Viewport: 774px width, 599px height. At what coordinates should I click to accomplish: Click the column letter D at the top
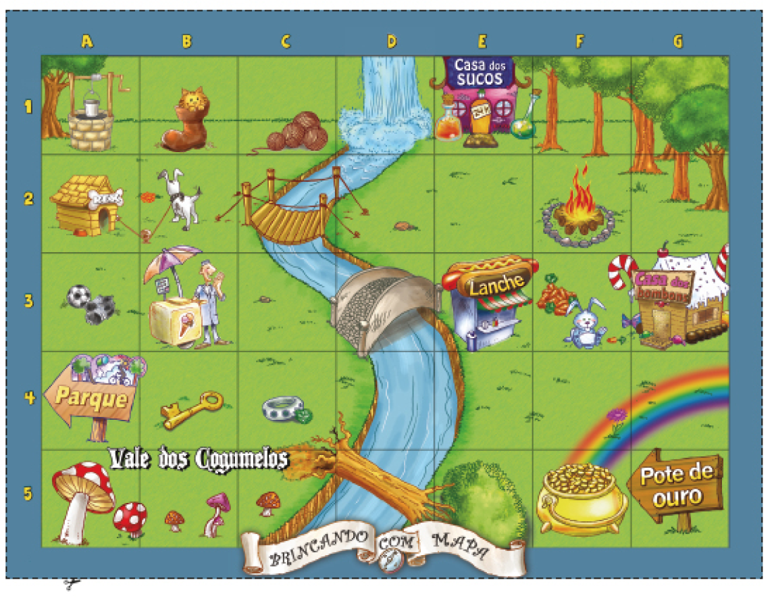pos(391,41)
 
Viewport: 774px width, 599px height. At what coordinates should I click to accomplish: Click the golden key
pos(192,408)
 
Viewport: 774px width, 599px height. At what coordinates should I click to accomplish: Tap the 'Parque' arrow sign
pos(91,396)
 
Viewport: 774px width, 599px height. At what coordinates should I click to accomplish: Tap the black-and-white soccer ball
pos(78,296)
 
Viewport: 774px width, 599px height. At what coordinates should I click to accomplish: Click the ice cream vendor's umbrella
pos(172,260)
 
